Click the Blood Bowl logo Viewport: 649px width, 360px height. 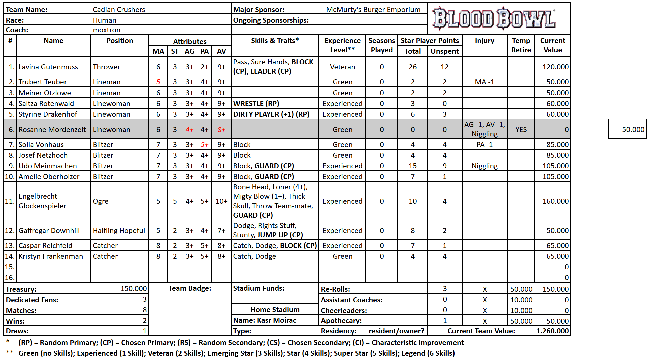click(x=494, y=18)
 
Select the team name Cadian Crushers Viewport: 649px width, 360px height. click(x=119, y=10)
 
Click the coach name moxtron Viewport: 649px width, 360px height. click(x=107, y=30)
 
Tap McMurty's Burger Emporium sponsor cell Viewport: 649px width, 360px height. click(x=373, y=10)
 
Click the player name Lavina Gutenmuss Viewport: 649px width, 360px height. click(x=48, y=67)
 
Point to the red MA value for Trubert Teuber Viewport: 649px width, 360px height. click(x=158, y=82)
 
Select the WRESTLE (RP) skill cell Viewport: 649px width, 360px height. click(x=256, y=104)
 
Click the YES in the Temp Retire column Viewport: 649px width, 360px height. click(x=521, y=130)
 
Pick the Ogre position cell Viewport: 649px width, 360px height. click(x=101, y=201)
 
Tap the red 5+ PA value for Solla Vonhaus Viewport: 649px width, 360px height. click(x=204, y=145)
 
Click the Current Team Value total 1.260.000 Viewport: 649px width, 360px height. click(x=552, y=331)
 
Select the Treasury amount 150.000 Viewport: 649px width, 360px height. click(x=133, y=289)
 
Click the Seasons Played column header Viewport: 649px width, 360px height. click(x=382, y=45)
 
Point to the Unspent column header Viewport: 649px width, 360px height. click(x=444, y=51)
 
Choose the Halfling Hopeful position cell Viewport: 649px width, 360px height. click(x=119, y=231)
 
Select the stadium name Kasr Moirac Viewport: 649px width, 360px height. click(x=276, y=320)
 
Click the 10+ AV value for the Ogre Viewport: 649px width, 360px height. click(x=221, y=201)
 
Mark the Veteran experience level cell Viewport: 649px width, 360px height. click(x=342, y=67)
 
